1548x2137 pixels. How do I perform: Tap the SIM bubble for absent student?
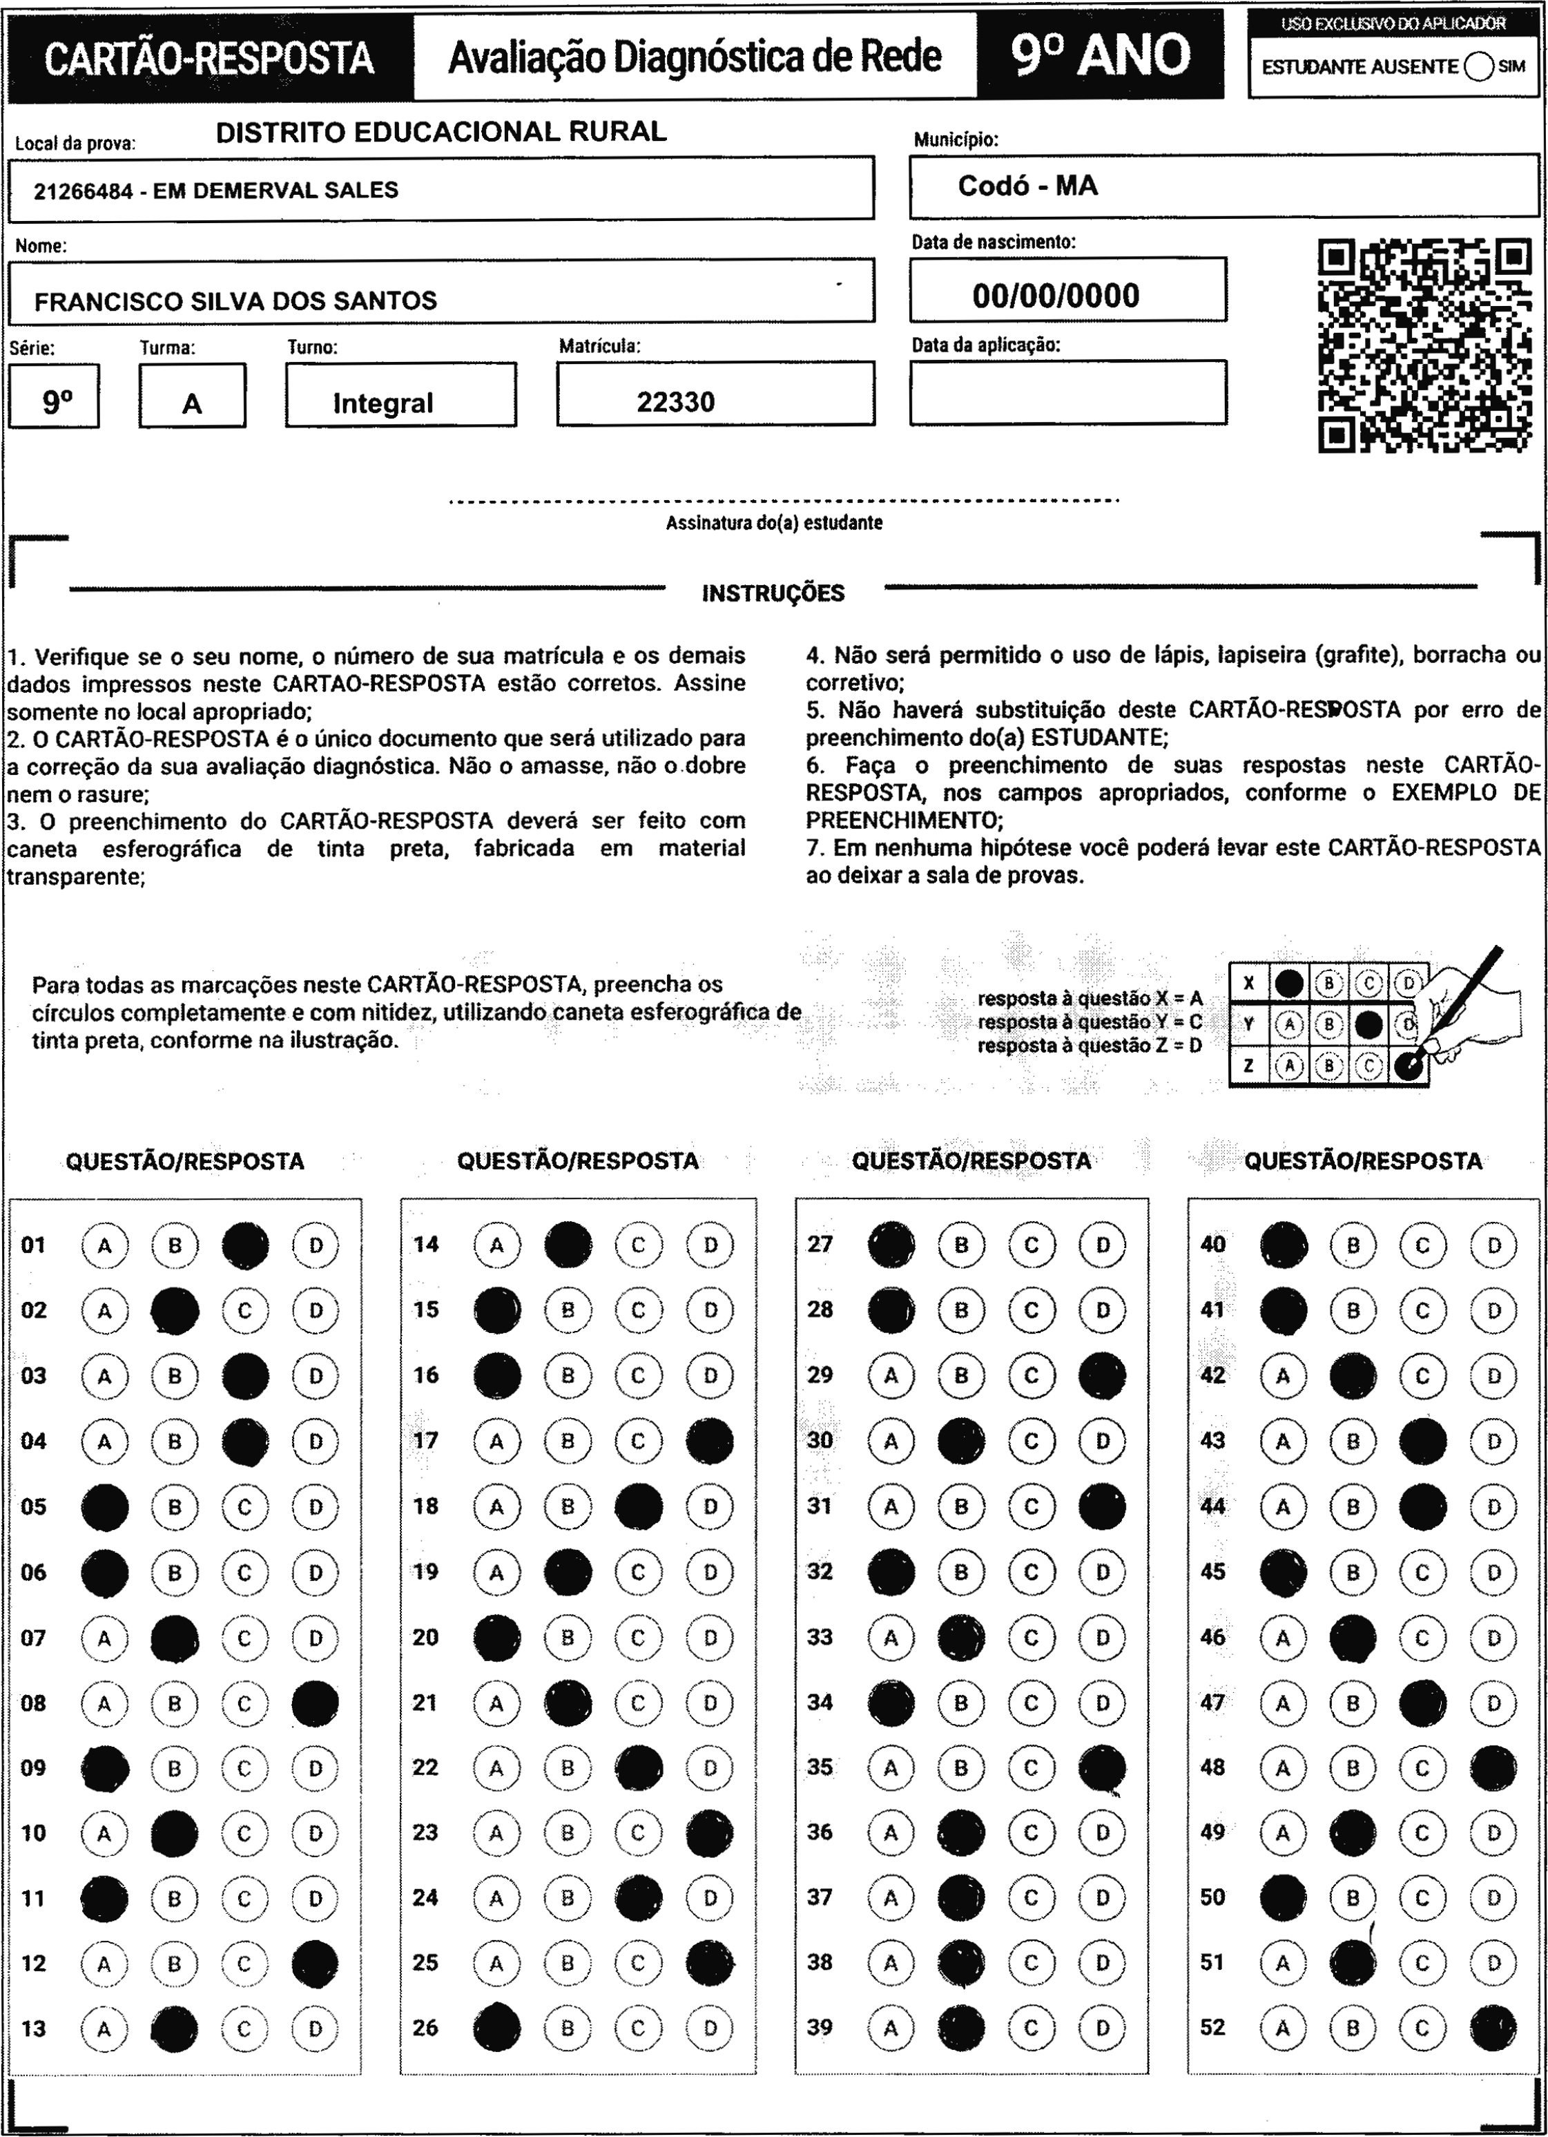point(1479,67)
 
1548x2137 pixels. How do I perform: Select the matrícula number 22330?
point(675,403)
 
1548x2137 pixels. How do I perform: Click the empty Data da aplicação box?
point(1067,392)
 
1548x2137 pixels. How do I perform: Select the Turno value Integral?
point(383,403)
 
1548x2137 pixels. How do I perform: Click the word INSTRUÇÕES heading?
point(773,593)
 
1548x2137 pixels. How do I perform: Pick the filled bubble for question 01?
point(245,1245)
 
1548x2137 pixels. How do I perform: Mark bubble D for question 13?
point(316,2029)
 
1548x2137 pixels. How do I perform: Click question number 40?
point(1212,1245)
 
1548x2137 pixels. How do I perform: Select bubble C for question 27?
point(1032,1245)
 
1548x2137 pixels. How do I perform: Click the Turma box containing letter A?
point(192,396)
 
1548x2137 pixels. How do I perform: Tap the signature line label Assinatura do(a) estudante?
point(773,523)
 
